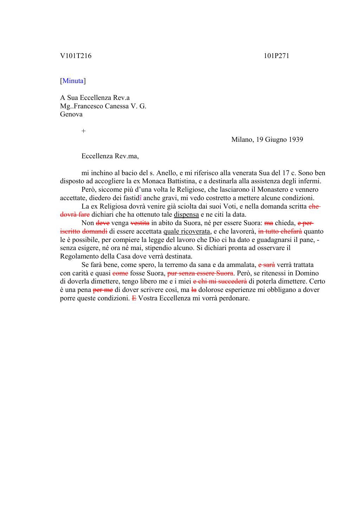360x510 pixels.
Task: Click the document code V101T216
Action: click(76, 56)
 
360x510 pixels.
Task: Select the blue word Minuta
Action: click(73, 81)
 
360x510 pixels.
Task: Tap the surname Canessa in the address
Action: click(111, 106)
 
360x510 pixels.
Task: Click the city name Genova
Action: click(71, 114)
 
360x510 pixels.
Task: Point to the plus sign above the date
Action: click(83, 131)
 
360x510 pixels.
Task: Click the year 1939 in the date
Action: click(295, 140)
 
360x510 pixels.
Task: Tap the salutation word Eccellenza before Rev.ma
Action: click(97, 156)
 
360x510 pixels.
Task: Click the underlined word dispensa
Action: click(186, 215)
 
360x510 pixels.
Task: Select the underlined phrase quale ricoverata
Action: click(187, 231)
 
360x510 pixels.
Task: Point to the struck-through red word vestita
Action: click(140, 223)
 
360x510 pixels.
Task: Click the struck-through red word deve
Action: click(103, 223)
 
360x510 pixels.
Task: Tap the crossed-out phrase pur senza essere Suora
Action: click(200, 273)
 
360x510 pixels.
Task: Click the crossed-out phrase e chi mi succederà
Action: click(220, 281)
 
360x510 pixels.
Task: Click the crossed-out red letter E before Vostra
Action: click(134, 298)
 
